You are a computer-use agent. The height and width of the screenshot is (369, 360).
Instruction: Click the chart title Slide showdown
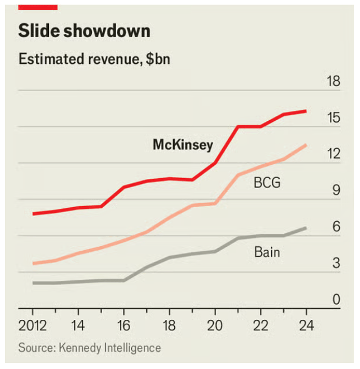(84, 31)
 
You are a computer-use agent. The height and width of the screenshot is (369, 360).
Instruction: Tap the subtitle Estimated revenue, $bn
(94, 59)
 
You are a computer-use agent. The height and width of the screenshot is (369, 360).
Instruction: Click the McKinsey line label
(183, 145)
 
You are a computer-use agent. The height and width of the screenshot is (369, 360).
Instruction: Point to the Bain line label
(267, 252)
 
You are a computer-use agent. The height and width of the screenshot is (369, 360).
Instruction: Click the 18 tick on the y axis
(333, 81)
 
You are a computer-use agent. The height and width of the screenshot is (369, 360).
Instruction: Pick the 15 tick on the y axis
(333, 118)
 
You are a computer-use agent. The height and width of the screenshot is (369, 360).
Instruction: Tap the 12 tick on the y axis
(333, 154)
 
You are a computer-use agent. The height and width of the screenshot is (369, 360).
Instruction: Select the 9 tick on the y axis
(336, 190)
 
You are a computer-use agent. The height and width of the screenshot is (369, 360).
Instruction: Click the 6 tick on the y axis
(336, 227)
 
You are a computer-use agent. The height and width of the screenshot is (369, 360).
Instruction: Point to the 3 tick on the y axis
(336, 263)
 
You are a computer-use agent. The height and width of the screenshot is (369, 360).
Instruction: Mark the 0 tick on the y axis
(336, 300)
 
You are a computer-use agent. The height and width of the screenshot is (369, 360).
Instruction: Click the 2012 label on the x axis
(33, 328)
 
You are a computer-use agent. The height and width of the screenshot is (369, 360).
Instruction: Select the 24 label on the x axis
(306, 328)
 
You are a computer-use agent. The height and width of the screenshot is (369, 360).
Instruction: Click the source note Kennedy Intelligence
(89, 347)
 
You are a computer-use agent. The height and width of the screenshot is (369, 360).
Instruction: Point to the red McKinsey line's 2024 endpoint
(306, 111)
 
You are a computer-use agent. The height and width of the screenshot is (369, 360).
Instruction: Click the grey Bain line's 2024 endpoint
(306, 228)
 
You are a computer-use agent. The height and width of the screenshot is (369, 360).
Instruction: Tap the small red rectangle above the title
(37, 6)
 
